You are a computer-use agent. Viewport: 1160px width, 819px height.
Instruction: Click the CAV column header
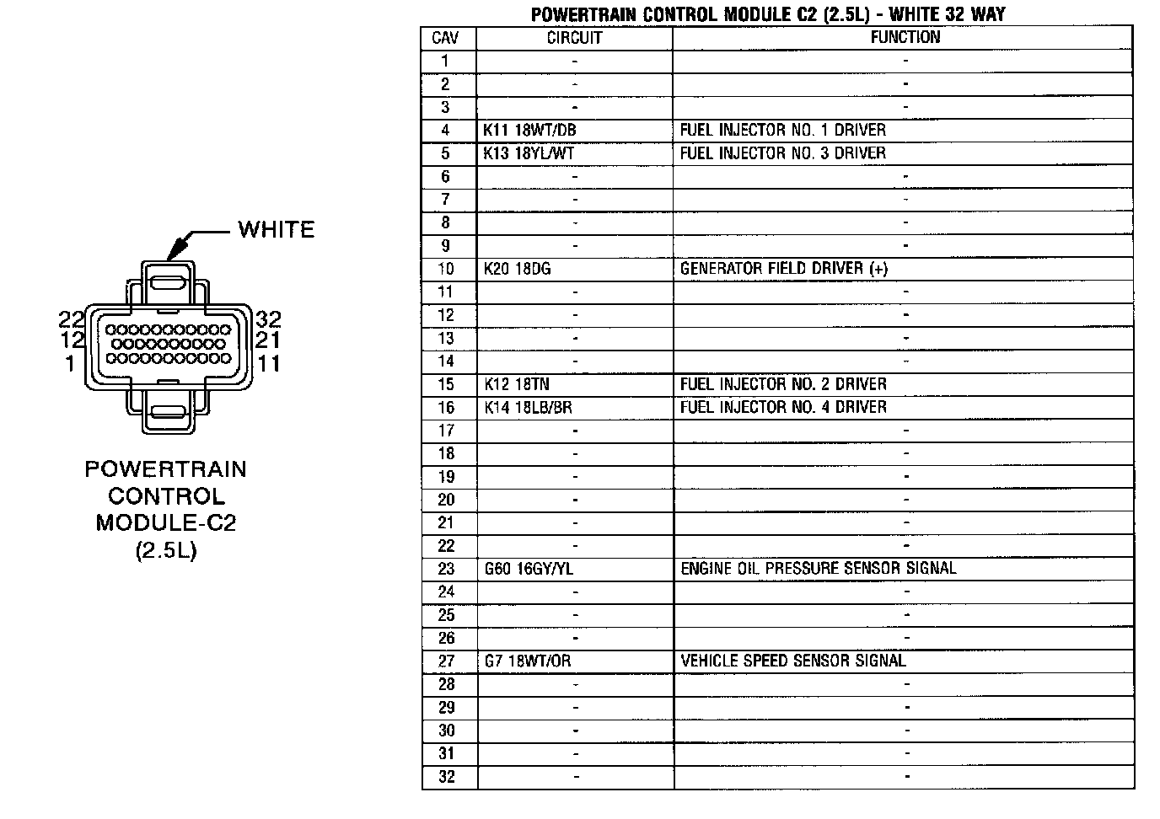click(x=445, y=38)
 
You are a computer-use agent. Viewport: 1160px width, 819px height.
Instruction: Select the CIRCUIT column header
click(x=574, y=38)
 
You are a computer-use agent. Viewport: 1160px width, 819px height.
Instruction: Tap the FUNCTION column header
click(x=905, y=37)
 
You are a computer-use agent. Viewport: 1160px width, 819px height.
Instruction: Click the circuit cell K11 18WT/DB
click(x=530, y=131)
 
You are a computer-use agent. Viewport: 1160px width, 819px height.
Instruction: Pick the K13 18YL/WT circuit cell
click(x=529, y=153)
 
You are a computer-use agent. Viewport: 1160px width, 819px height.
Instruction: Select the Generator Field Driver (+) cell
click(x=784, y=269)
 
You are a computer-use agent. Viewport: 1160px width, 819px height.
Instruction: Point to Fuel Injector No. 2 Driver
click(x=783, y=384)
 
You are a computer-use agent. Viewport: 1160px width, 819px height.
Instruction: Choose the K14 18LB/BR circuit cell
click(x=529, y=408)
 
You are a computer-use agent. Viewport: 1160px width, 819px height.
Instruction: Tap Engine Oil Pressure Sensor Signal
click(x=818, y=569)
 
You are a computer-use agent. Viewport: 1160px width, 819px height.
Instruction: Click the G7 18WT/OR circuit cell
click(x=528, y=661)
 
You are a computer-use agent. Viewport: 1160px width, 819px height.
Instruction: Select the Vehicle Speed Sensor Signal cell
click(x=792, y=661)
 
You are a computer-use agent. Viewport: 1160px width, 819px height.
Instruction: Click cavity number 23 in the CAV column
click(x=446, y=570)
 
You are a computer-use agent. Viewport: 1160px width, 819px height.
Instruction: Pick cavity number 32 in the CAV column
click(x=447, y=777)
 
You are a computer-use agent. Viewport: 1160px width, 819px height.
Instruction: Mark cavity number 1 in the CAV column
click(x=445, y=61)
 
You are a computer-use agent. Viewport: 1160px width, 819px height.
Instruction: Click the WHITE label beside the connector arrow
click(x=276, y=230)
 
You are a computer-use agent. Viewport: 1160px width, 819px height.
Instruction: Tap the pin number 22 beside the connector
click(x=71, y=319)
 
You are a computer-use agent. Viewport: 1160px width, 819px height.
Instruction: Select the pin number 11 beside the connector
click(x=269, y=364)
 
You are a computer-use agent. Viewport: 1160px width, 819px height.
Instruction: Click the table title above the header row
click(x=767, y=14)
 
